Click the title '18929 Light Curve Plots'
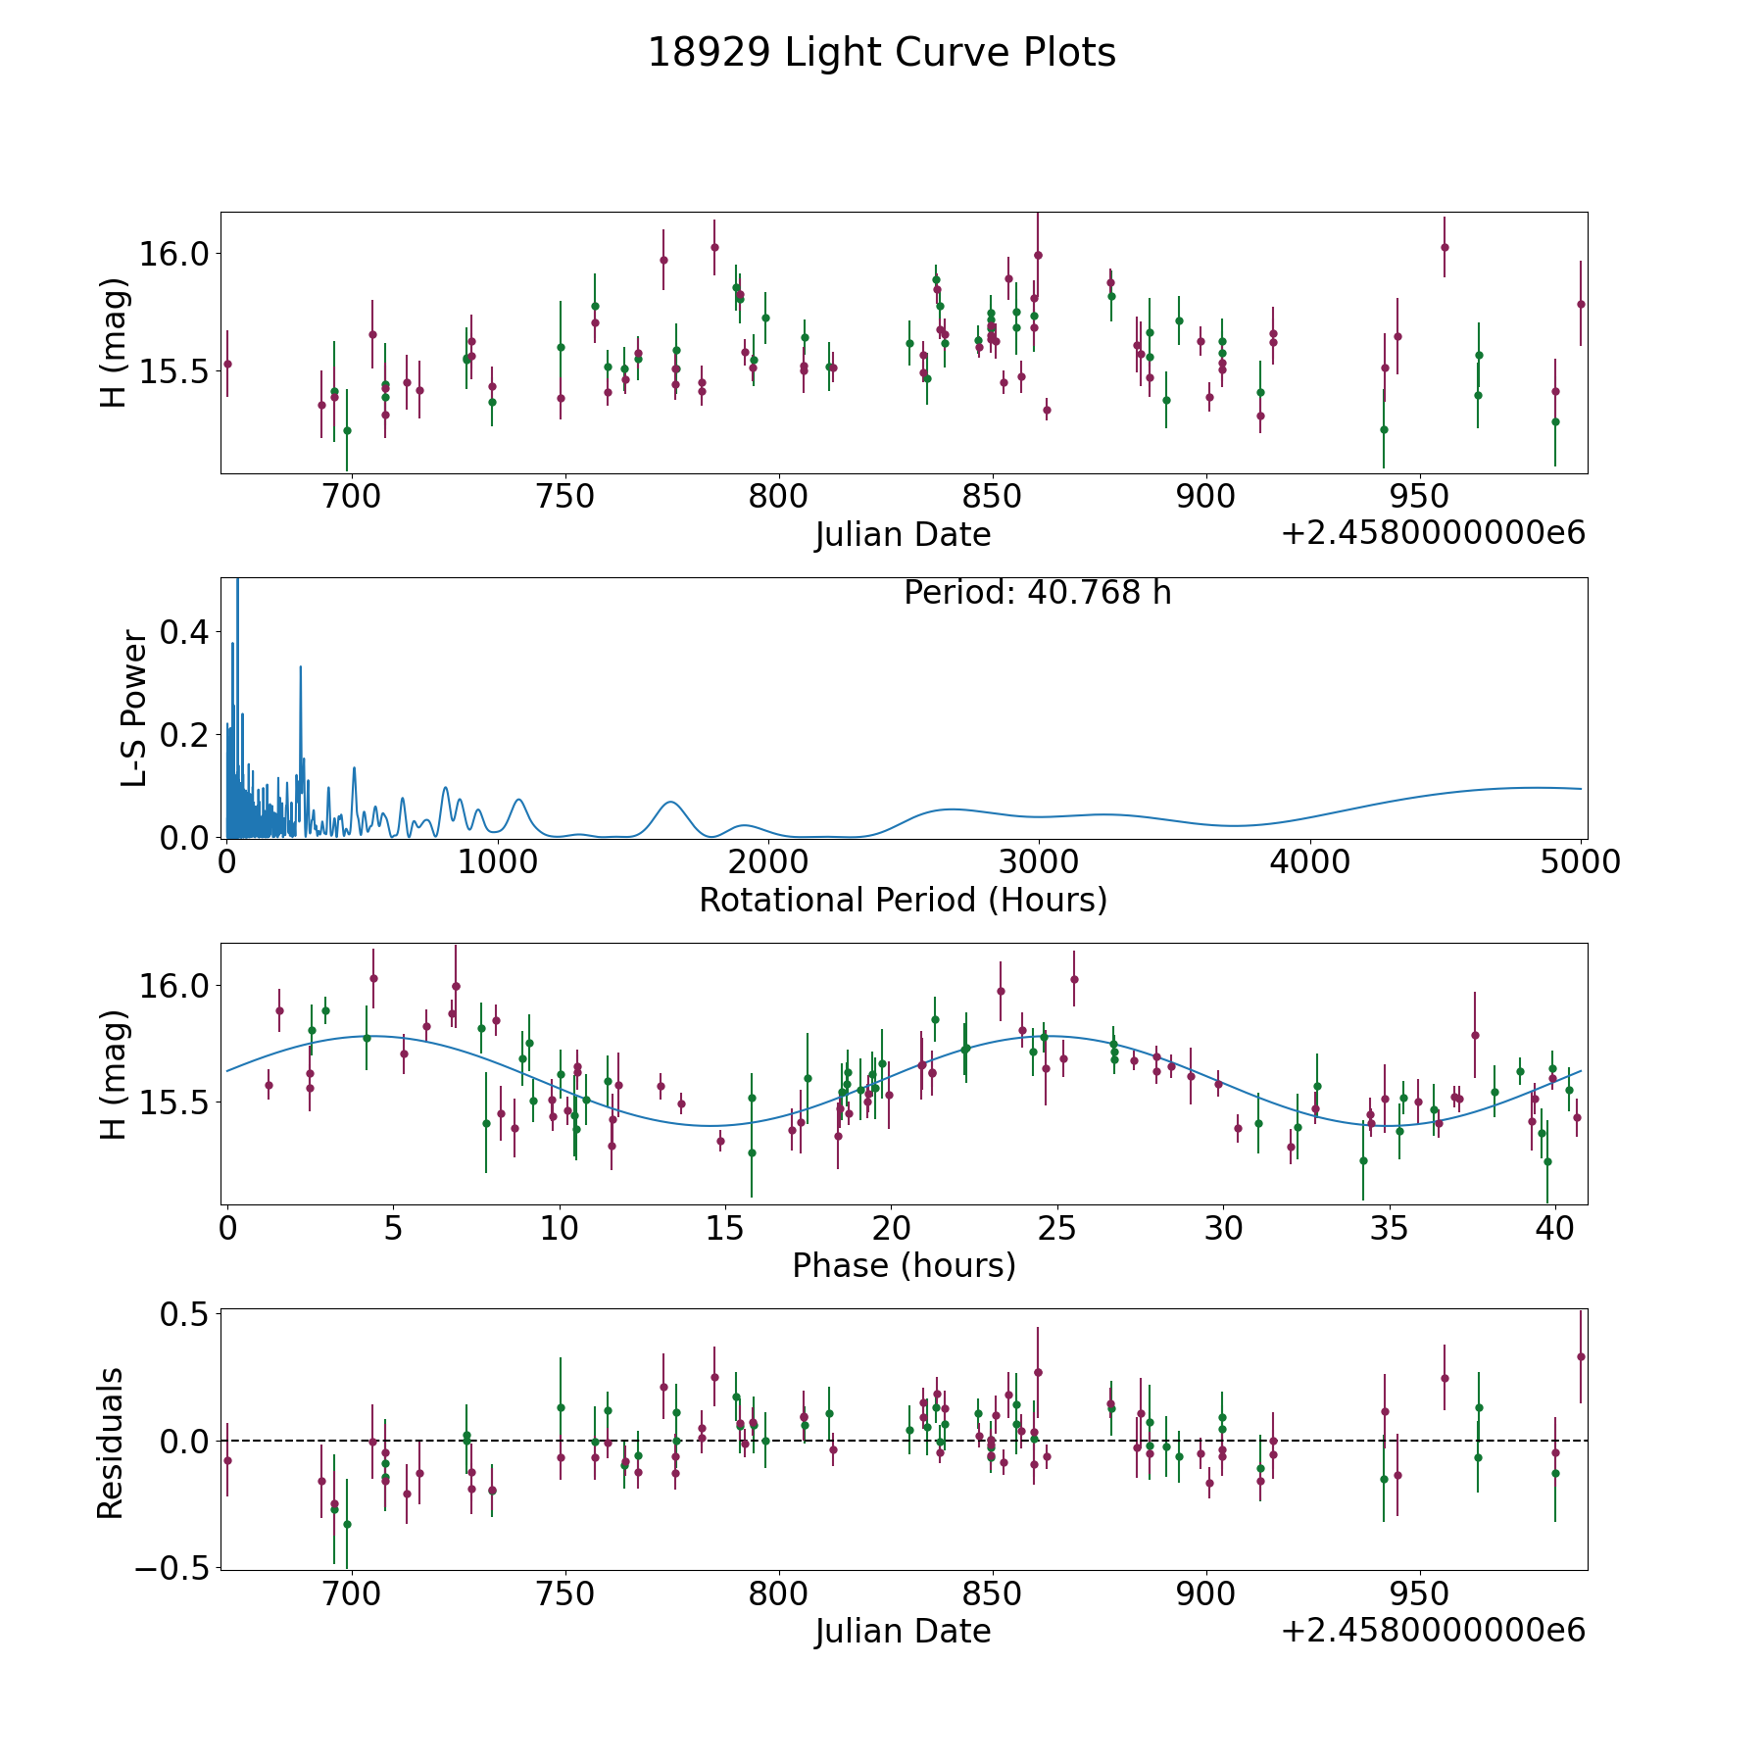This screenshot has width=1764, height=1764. [881, 53]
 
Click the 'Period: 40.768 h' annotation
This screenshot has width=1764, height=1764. [1037, 593]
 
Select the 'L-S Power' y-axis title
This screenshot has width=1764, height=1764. [134, 709]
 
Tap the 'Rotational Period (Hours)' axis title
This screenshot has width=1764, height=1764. [903, 900]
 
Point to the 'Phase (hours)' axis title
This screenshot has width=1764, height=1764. [903, 1265]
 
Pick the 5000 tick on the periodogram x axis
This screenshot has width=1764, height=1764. [1581, 862]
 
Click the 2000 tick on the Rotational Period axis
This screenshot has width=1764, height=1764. [768, 862]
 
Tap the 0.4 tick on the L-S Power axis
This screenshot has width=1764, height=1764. [183, 632]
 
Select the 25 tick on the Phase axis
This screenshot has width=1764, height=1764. [1056, 1228]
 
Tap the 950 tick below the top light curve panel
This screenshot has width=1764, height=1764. [1420, 497]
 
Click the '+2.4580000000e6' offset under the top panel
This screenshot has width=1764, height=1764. [1433, 533]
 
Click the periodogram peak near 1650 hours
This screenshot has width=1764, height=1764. [670, 803]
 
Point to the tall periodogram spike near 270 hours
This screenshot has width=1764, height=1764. [300, 667]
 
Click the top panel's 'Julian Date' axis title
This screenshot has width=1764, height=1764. [903, 535]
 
